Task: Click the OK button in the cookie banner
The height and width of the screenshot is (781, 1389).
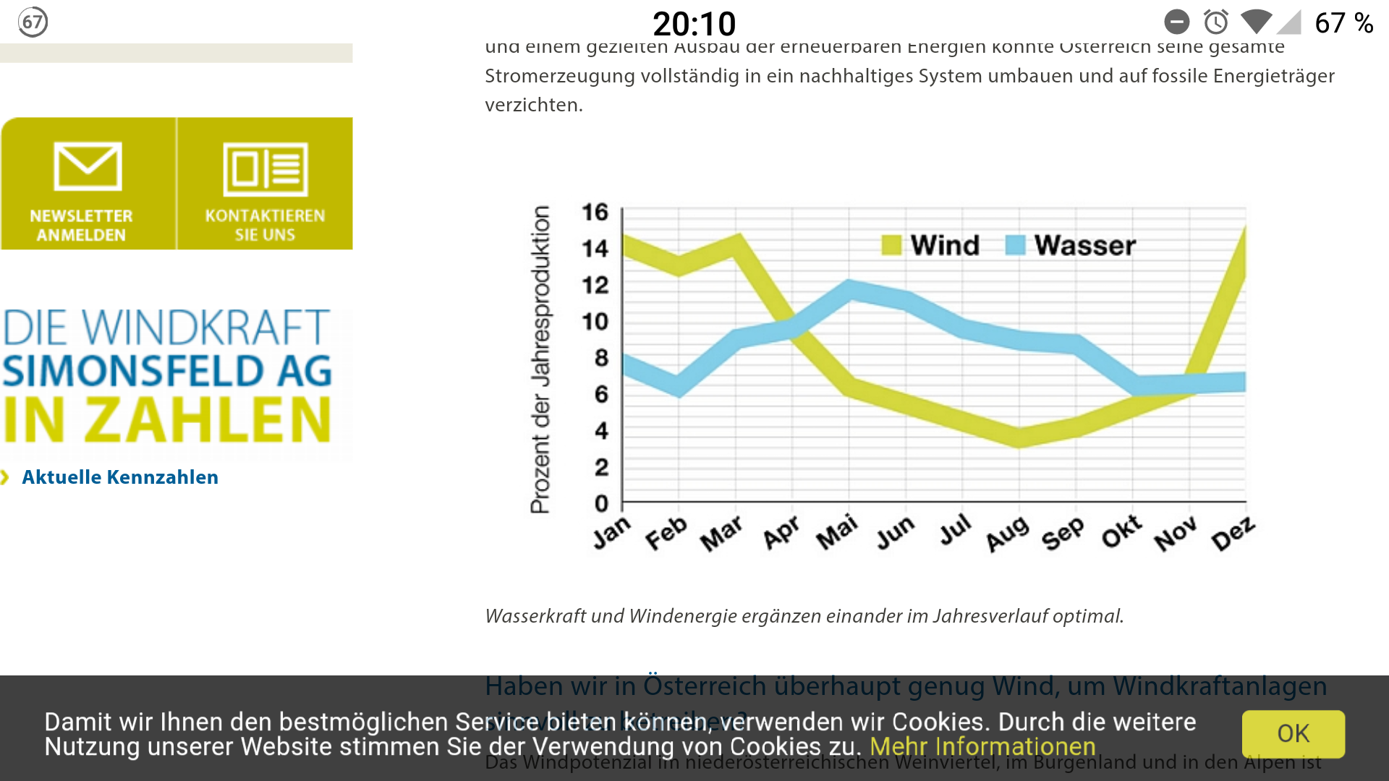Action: point(1293,733)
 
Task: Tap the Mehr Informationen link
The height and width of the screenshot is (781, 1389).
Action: point(982,746)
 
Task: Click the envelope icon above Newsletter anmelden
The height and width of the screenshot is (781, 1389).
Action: point(88,167)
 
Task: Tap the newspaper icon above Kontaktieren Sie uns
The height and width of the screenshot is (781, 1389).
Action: point(266,169)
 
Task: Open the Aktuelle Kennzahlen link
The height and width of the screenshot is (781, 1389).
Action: point(120,477)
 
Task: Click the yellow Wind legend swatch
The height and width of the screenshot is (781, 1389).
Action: point(891,245)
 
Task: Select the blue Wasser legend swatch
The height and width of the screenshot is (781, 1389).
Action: point(1016,245)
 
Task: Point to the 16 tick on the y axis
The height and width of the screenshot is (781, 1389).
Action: point(595,212)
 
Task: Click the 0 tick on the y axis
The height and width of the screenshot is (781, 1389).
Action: point(601,503)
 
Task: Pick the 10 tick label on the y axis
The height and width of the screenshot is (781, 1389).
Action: point(595,321)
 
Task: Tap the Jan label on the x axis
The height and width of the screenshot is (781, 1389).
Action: point(612,533)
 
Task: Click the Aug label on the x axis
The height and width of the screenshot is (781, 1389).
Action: point(1008,534)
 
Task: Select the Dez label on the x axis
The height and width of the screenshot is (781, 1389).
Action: point(1233,534)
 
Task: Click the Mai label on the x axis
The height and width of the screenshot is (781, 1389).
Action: point(837,533)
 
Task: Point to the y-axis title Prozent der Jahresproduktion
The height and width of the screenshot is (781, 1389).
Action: point(540,359)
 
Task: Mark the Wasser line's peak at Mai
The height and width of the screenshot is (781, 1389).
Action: point(850,289)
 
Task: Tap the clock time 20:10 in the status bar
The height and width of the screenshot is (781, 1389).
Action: point(694,24)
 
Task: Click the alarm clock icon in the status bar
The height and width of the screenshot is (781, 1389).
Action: point(1216,22)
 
